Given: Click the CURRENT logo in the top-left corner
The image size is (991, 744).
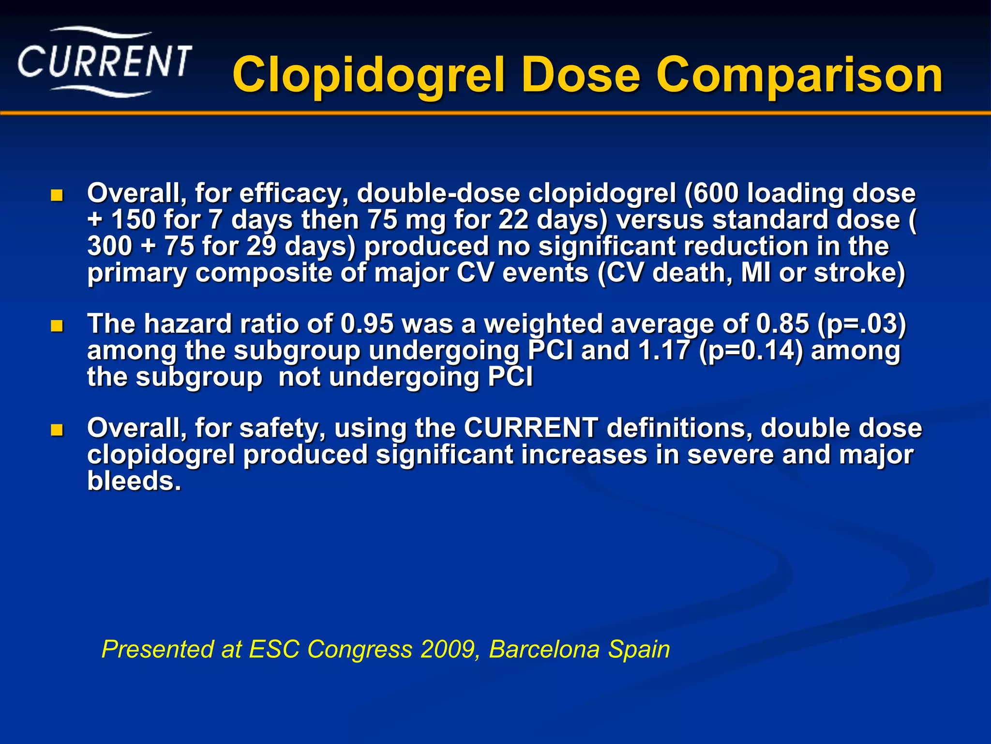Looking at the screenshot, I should (105, 62).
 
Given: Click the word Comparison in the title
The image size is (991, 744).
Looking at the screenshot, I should (799, 75).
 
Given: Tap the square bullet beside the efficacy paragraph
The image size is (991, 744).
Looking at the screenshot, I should (57, 196).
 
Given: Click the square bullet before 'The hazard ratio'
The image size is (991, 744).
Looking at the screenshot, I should (57, 326).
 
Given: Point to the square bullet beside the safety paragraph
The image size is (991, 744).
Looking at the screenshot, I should (57, 430).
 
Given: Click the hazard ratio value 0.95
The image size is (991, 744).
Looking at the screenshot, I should (367, 324).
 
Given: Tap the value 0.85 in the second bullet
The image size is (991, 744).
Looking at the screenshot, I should (782, 324).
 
